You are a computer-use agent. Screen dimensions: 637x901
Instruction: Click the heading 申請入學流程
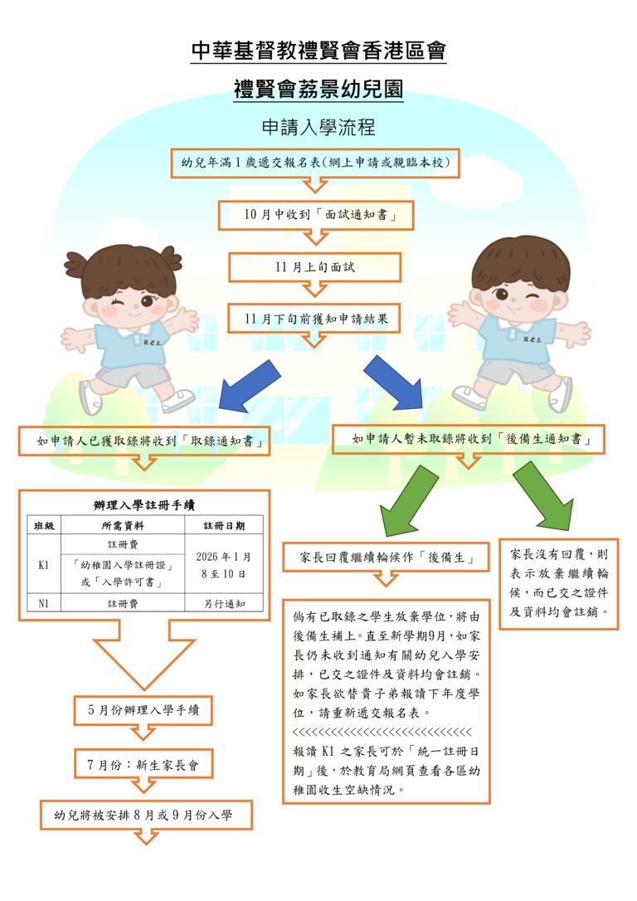click(x=318, y=127)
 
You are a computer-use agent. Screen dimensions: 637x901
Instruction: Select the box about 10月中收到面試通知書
click(x=316, y=216)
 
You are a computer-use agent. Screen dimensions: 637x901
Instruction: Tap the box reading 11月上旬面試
click(x=314, y=267)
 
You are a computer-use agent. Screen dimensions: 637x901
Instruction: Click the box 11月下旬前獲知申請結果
click(x=314, y=319)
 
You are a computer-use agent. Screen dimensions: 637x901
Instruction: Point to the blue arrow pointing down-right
click(x=393, y=382)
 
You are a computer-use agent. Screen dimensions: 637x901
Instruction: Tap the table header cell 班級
click(x=44, y=526)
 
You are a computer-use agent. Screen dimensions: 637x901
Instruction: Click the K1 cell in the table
click(x=44, y=565)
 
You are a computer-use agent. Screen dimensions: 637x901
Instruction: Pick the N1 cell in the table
click(x=44, y=603)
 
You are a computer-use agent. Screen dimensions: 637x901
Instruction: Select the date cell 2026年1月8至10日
click(x=223, y=565)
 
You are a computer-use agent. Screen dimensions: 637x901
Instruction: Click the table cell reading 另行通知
click(x=223, y=603)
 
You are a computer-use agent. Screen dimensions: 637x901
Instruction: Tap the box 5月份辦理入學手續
click(x=143, y=710)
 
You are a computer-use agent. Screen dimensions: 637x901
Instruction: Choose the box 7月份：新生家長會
click(x=143, y=765)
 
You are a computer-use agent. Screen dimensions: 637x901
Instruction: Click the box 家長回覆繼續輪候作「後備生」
click(x=386, y=558)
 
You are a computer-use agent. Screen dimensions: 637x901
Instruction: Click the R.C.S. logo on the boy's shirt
click(x=532, y=339)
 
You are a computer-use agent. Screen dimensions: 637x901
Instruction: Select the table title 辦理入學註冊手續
click(x=144, y=505)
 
